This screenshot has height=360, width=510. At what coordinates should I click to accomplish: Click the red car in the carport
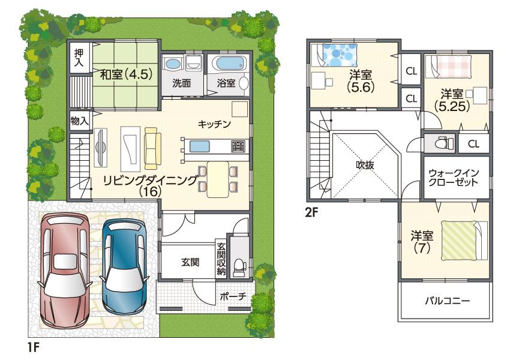[64, 270]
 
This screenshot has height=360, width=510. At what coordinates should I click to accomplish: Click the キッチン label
[215, 124]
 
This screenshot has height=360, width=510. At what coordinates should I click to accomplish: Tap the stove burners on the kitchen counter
[238, 146]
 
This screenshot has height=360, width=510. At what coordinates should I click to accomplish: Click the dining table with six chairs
[217, 179]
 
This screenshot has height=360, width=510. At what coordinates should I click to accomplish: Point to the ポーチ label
[233, 296]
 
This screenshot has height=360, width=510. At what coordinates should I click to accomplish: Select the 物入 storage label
[79, 120]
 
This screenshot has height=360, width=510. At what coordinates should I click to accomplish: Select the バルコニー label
[447, 300]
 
